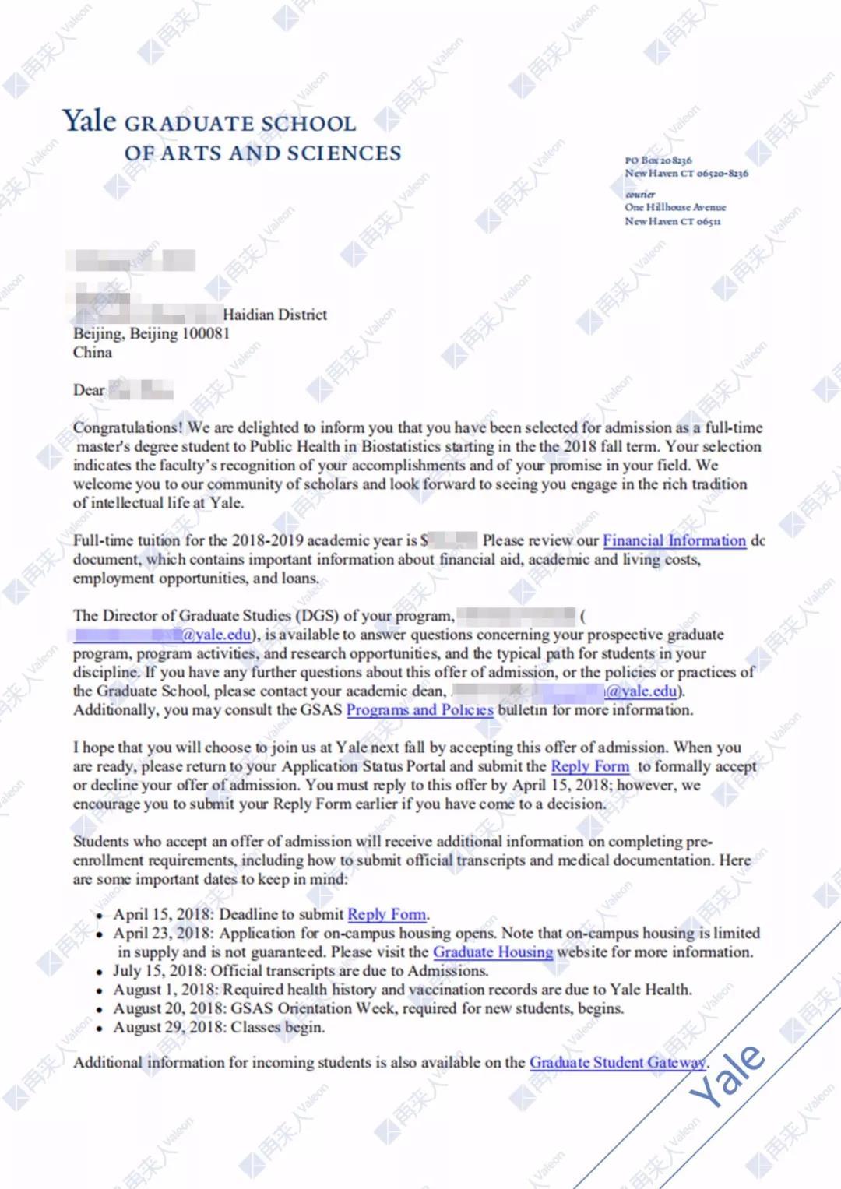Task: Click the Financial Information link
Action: click(674, 540)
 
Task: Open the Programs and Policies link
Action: click(419, 710)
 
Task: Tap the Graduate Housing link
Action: click(493, 952)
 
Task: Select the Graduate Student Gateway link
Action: click(618, 1062)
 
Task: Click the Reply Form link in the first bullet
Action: click(387, 914)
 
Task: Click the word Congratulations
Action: click(128, 427)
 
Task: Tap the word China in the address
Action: click(93, 352)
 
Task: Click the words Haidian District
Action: click(275, 315)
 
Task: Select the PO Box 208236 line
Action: click(658, 160)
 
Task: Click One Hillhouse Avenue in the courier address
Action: click(674, 207)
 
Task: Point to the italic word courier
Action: click(640, 194)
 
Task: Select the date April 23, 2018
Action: click(162, 933)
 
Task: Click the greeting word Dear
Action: click(89, 390)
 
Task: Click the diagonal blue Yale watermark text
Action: click(728, 1075)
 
